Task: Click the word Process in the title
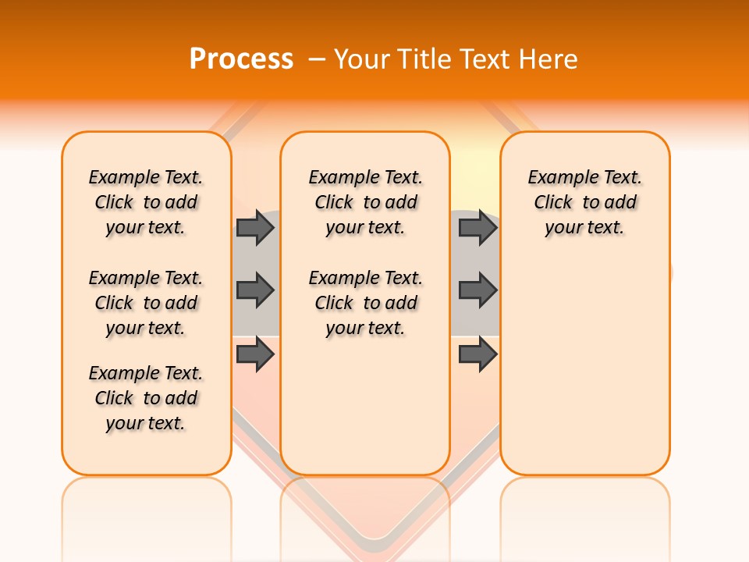240,59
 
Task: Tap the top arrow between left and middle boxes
255,227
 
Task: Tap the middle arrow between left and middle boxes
255,290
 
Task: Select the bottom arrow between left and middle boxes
255,354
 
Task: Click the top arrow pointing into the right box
477,227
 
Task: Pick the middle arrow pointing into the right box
477,290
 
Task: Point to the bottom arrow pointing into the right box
477,354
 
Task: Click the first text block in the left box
146,202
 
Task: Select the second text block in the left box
146,303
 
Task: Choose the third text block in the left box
146,398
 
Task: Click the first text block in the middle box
365,202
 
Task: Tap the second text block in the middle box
365,303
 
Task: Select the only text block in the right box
584,202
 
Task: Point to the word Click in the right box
553,203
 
